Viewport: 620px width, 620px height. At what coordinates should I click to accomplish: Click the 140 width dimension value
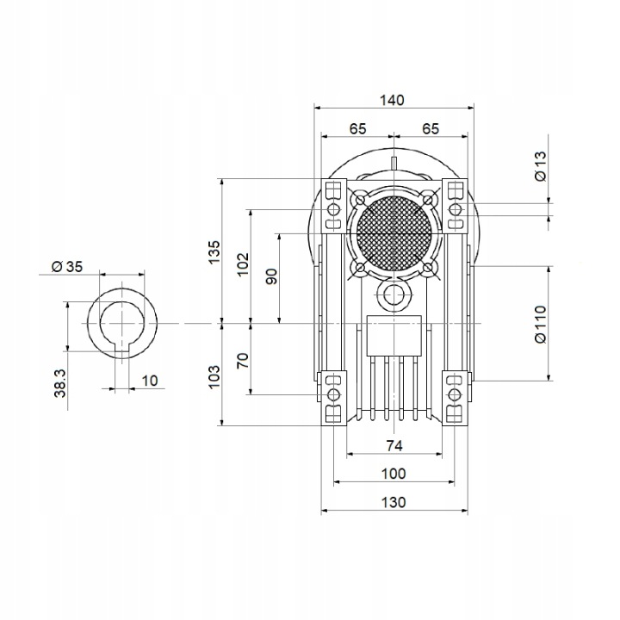coord(392,101)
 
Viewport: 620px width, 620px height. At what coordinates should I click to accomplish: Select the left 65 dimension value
coord(358,129)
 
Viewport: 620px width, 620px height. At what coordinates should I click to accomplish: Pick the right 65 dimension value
coord(431,129)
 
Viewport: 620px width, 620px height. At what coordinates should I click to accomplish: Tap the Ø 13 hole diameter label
coord(541,166)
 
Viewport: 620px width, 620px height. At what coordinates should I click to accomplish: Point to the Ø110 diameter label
coord(541,324)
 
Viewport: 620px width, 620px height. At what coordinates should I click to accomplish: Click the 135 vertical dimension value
coord(214,251)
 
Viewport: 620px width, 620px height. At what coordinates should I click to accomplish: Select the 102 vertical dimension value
coord(243,264)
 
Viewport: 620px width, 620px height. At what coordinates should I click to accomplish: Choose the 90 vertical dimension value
coord(271,276)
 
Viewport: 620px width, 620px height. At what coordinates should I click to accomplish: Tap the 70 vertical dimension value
coord(243,360)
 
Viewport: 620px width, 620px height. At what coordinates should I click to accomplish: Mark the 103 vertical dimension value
coord(214,377)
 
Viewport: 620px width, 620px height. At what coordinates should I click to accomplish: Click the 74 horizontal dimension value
coord(394,446)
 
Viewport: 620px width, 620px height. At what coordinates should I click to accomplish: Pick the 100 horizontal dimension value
coord(394,474)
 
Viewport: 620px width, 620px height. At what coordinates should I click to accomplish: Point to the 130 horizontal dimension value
coord(394,503)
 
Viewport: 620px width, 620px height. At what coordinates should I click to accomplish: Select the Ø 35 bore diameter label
coord(67,266)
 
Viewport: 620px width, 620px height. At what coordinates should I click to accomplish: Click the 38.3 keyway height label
coord(60,383)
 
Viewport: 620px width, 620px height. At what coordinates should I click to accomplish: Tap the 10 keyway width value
coord(150,381)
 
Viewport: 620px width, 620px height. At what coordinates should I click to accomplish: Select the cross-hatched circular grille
coord(394,233)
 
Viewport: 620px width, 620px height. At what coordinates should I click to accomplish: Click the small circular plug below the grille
coord(394,295)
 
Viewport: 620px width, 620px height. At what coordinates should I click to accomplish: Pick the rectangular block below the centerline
coord(394,336)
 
